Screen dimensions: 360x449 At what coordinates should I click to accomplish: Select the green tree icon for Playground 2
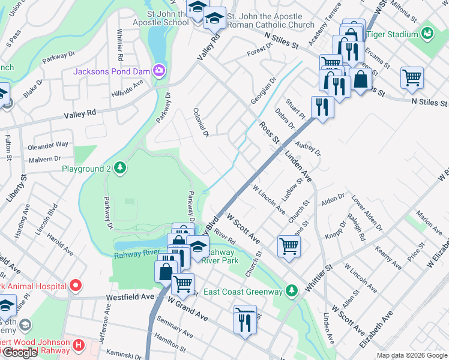[120, 167]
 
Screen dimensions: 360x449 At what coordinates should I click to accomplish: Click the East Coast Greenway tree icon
[291, 291]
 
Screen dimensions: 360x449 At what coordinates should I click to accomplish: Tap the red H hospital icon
[77, 345]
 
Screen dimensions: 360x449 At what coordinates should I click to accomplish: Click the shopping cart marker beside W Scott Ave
[289, 245]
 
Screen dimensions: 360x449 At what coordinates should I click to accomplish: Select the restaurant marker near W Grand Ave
[245, 323]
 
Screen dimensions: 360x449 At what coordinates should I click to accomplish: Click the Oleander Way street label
[49, 145]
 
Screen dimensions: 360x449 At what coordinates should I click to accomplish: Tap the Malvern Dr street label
[45, 158]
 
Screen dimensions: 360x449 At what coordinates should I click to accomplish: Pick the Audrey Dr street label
[309, 149]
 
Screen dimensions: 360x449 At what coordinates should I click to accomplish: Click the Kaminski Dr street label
[127, 353]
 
